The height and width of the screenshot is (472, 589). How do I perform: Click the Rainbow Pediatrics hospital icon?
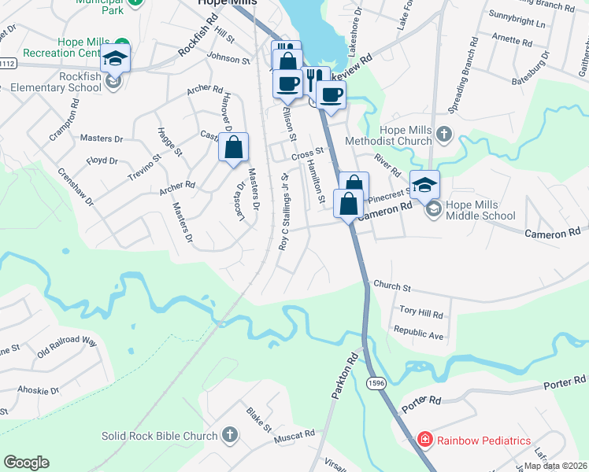click(x=425, y=441)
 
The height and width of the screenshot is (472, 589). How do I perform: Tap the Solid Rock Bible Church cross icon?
click(x=229, y=435)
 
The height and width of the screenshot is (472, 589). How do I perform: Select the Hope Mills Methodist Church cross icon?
click(x=444, y=134)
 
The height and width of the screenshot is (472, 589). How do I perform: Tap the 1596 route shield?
click(x=375, y=382)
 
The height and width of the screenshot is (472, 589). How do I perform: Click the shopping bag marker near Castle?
click(x=234, y=147)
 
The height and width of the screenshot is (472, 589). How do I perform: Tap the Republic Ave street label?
click(x=420, y=334)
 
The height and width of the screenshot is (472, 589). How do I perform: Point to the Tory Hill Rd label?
click(x=421, y=313)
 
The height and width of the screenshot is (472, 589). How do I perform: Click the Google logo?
click(x=26, y=463)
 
